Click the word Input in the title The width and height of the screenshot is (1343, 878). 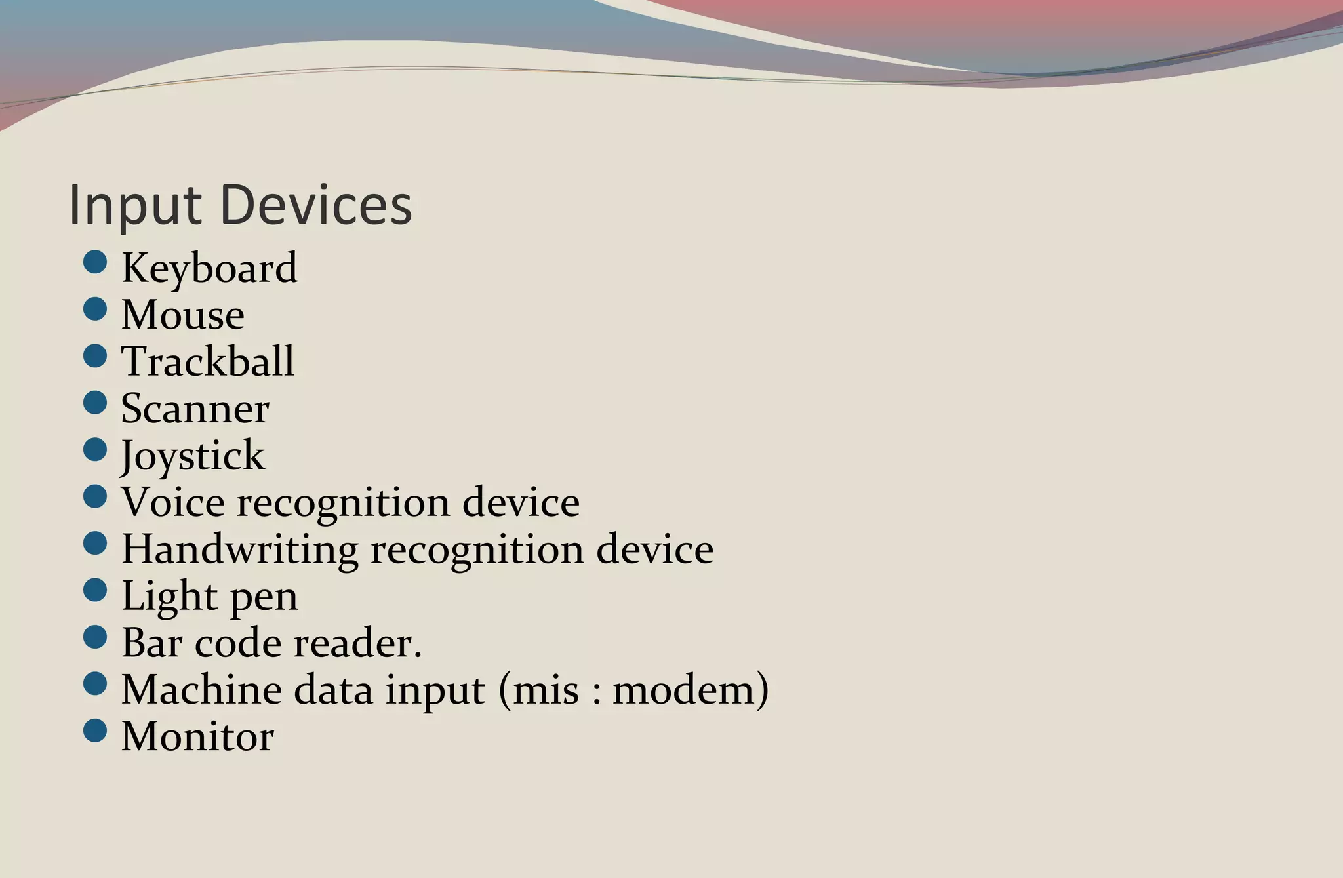[x=134, y=206]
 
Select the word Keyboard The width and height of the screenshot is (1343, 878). [x=209, y=268]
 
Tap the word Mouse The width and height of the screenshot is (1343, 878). [x=183, y=315]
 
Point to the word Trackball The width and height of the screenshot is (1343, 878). [x=208, y=361]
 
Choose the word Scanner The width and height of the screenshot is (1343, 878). [x=195, y=409]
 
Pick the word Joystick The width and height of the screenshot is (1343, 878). [x=193, y=456]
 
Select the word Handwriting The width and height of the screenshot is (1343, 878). [x=239, y=549]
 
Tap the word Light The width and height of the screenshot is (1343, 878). [x=169, y=596]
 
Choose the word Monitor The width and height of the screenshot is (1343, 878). [x=197, y=736]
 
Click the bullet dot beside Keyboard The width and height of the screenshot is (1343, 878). [x=95, y=262]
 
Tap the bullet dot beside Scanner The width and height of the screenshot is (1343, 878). [x=95, y=403]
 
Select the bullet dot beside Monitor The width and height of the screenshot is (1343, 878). [x=95, y=730]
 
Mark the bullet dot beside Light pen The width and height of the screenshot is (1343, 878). [x=95, y=590]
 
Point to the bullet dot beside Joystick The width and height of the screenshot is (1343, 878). [x=95, y=449]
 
